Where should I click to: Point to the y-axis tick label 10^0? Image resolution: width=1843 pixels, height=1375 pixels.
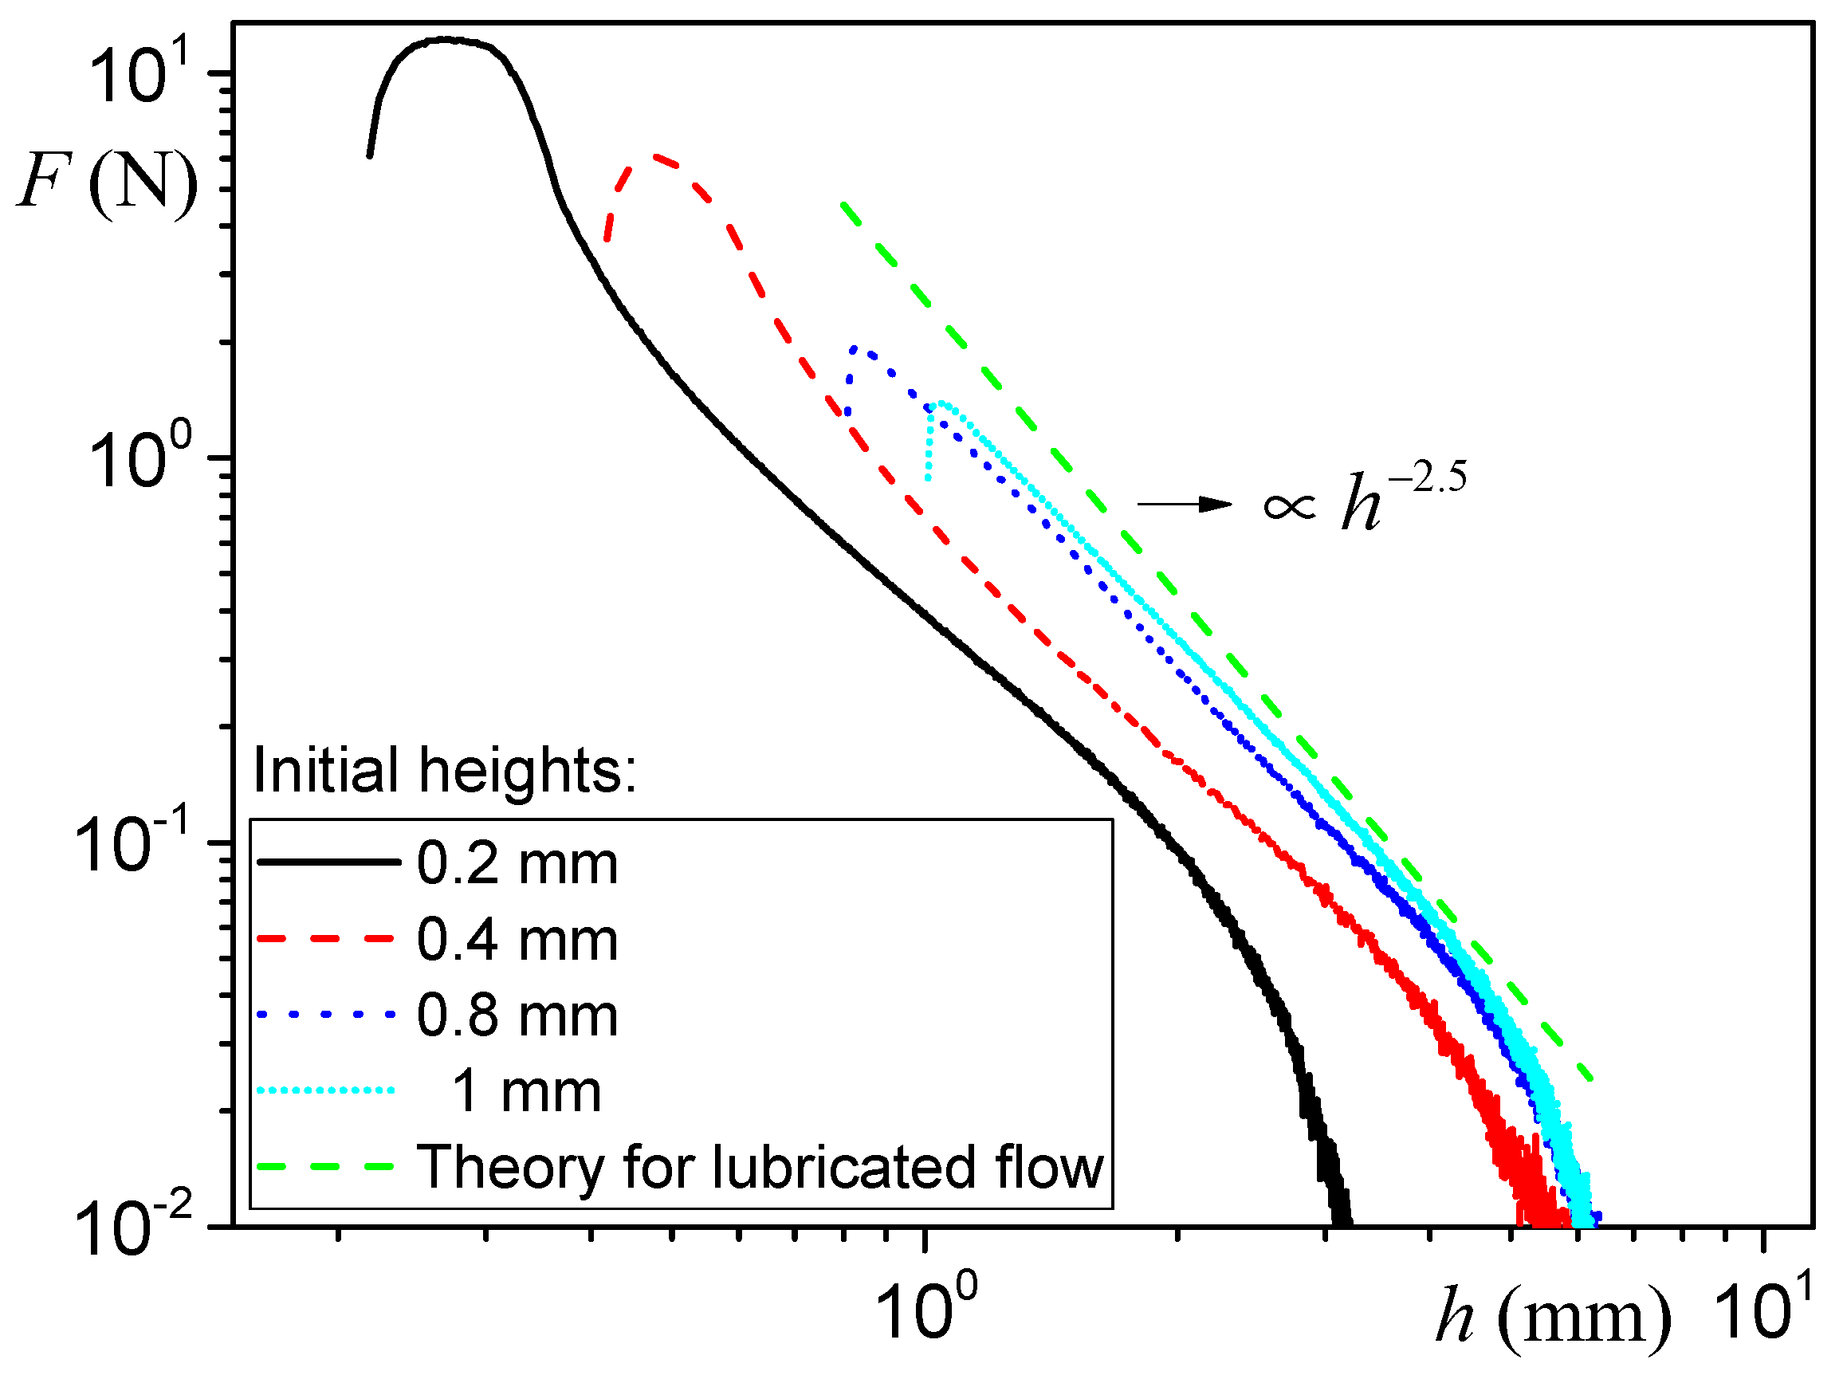click(140, 459)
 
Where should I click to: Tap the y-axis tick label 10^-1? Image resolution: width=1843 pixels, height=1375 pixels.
click(133, 843)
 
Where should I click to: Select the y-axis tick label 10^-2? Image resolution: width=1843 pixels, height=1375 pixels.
click(133, 1226)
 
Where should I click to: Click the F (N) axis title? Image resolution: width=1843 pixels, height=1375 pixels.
click(108, 182)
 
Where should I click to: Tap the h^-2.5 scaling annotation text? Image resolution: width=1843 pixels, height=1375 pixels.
click(1366, 500)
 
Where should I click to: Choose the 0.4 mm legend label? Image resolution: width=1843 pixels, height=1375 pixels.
click(517, 940)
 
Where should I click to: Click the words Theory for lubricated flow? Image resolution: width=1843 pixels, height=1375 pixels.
click(760, 1167)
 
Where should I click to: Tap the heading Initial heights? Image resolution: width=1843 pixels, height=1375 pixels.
click(445, 770)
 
